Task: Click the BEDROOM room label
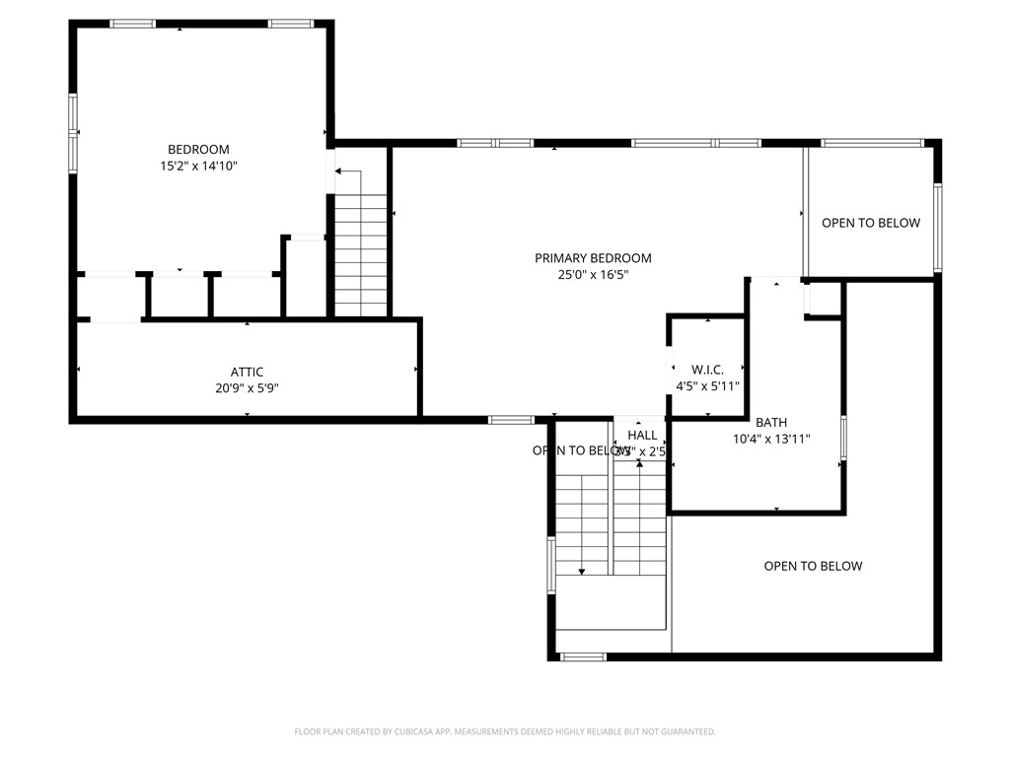(x=198, y=150)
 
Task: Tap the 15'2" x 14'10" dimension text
(x=198, y=167)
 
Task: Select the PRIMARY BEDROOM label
(x=593, y=258)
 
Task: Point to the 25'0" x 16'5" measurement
(x=593, y=275)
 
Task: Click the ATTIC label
(x=247, y=372)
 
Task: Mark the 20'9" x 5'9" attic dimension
(x=247, y=388)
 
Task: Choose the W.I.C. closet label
(x=707, y=370)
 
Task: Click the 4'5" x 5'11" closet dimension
(x=707, y=386)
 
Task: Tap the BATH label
(x=771, y=423)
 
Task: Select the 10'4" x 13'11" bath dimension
(x=771, y=440)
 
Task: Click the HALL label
(x=642, y=435)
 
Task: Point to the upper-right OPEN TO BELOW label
(x=871, y=223)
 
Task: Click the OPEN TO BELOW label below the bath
(x=813, y=566)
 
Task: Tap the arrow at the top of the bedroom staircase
(x=339, y=172)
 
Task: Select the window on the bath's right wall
(x=843, y=439)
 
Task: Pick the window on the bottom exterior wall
(x=582, y=656)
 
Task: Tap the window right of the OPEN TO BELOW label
(x=937, y=228)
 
